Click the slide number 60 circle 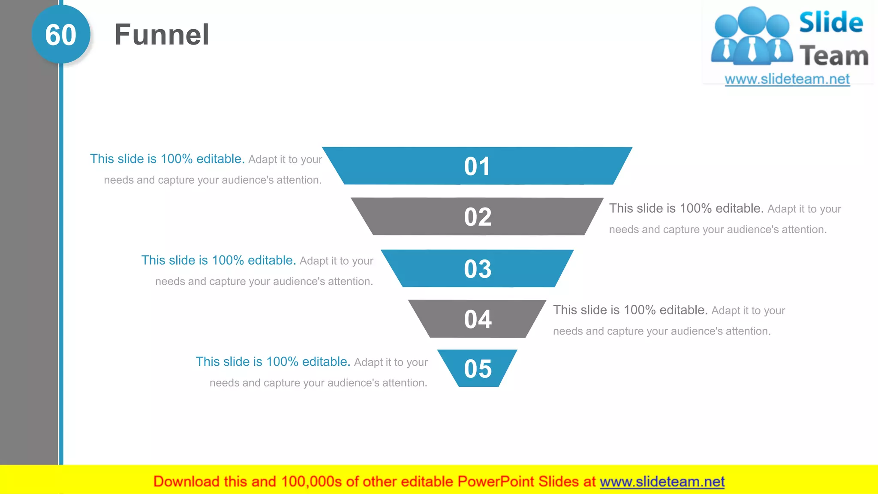61,35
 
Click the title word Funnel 162,35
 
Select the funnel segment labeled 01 477,166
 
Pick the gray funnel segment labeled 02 477,217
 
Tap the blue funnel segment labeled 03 477,269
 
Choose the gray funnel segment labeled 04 477,319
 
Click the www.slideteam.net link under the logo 787,79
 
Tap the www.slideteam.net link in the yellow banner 662,482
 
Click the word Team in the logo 834,56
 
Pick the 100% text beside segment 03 228,260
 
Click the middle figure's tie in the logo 752,49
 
